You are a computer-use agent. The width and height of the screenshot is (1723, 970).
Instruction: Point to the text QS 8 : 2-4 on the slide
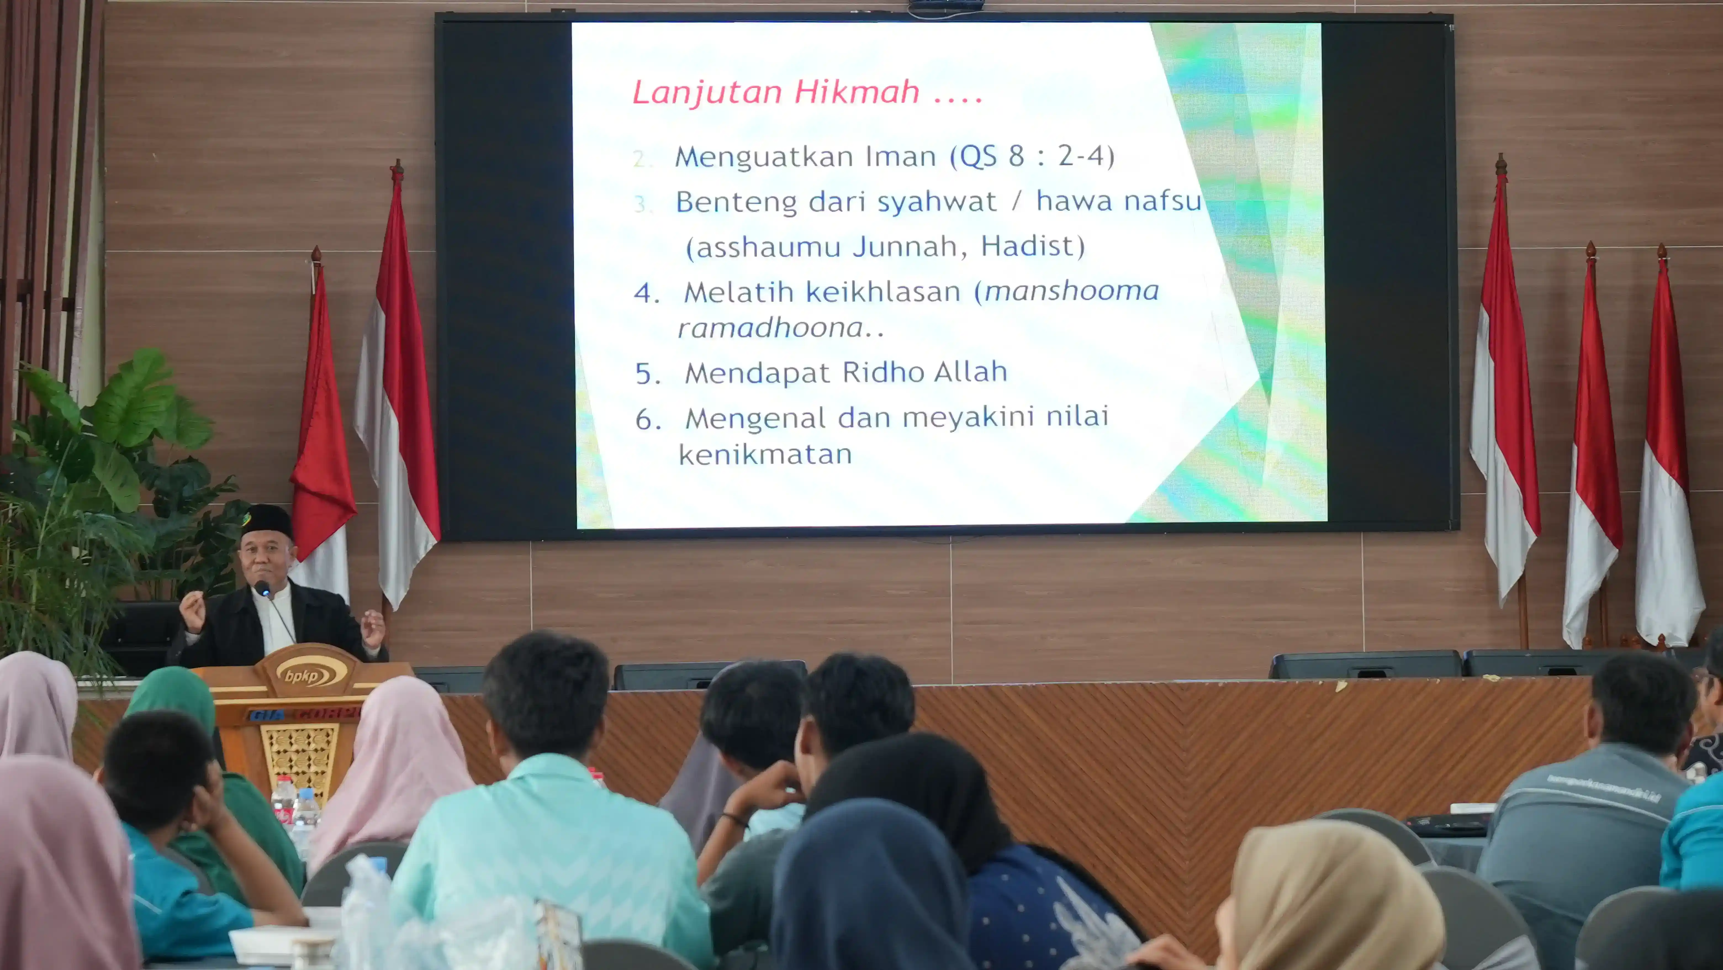(x=1032, y=157)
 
